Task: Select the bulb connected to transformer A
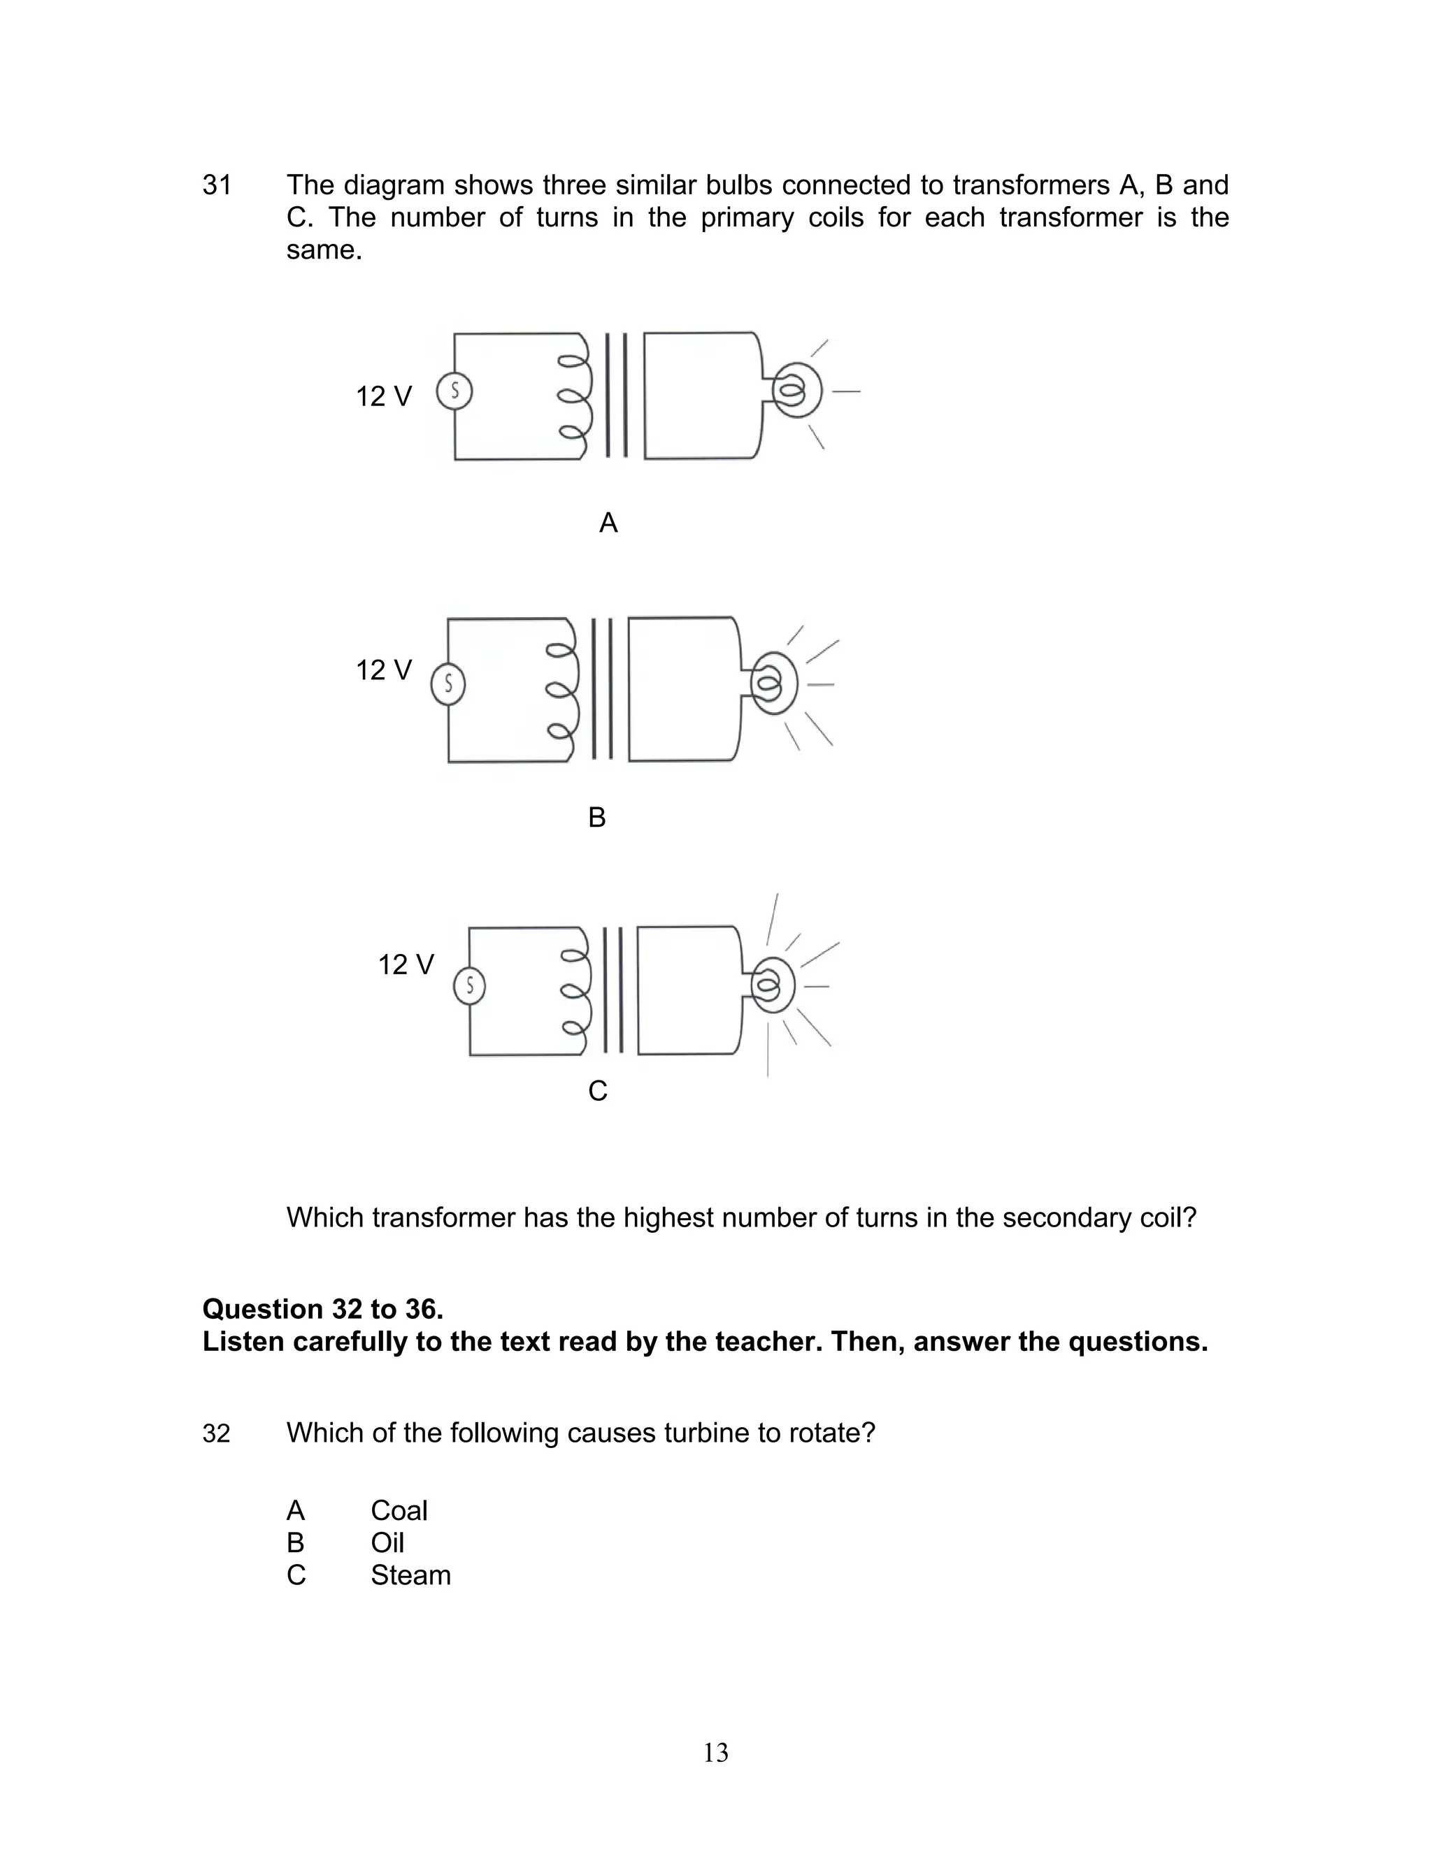pos(796,391)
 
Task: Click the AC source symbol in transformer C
pos(469,985)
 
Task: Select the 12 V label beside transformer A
pos(383,396)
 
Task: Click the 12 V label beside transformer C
pos(406,964)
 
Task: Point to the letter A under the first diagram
pos(608,523)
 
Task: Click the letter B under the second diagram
pos(596,818)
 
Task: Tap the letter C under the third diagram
pos(597,1090)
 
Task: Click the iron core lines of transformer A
pos(617,395)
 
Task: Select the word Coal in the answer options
pos(399,1510)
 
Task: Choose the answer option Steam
pos(410,1575)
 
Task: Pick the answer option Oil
pos(387,1542)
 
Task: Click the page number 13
pos(715,1752)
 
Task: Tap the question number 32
pos(216,1433)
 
